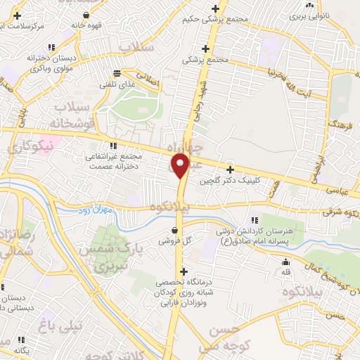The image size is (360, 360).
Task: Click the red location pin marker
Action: (x=181, y=165)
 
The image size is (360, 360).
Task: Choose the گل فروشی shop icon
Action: (x=174, y=230)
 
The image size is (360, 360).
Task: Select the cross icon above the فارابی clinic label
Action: (x=184, y=271)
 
